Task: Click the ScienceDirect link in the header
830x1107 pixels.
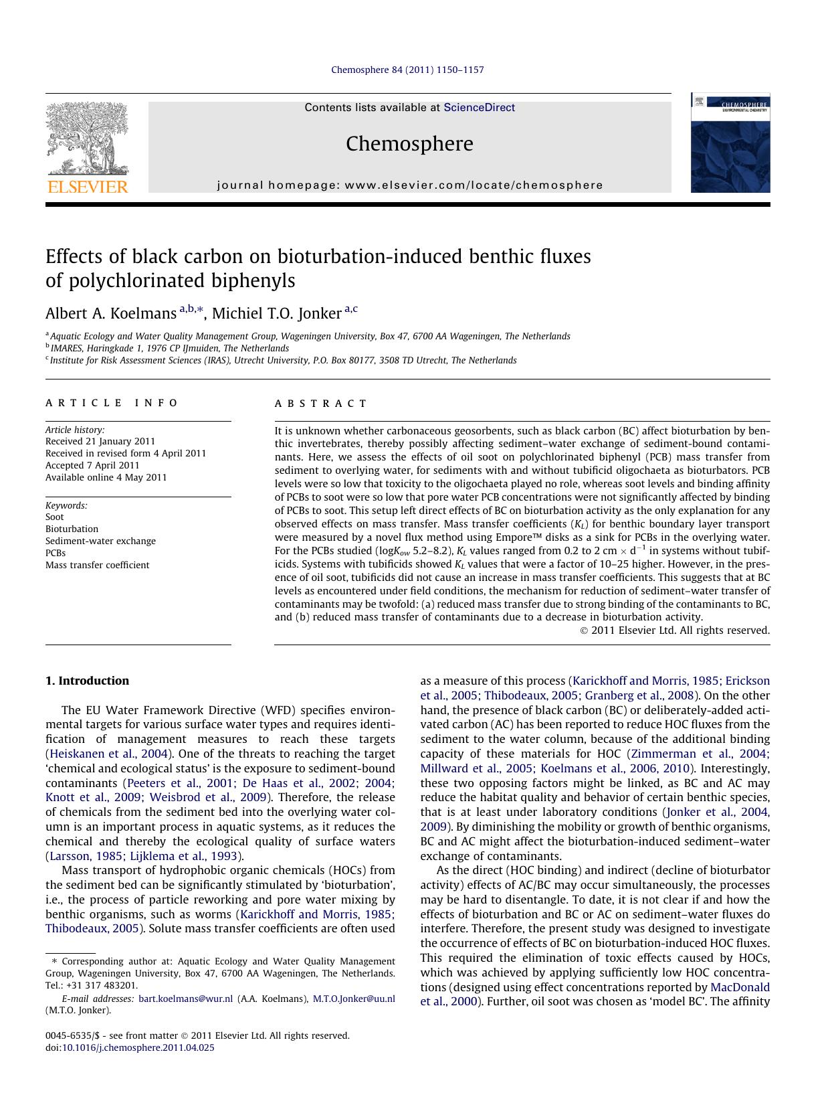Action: tap(479, 107)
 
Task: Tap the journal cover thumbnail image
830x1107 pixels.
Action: tap(730, 143)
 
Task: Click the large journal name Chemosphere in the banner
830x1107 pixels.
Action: tap(409, 144)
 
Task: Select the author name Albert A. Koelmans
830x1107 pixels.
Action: tap(110, 313)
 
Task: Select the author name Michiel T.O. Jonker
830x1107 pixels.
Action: tap(276, 313)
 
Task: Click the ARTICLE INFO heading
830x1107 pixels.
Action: tap(112, 403)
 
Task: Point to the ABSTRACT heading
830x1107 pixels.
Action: tap(321, 404)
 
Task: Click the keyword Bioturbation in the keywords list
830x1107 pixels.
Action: tap(72, 529)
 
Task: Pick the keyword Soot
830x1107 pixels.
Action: tap(55, 517)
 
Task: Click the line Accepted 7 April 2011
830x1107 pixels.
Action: tap(92, 465)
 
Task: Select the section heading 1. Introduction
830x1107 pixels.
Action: tap(87, 681)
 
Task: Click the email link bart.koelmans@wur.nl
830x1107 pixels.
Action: tap(185, 999)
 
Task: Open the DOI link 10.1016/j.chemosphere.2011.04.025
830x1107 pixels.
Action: tap(138, 1047)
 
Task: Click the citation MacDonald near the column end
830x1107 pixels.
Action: tap(740, 987)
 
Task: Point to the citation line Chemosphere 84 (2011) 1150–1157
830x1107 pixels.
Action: tap(407, 70)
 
